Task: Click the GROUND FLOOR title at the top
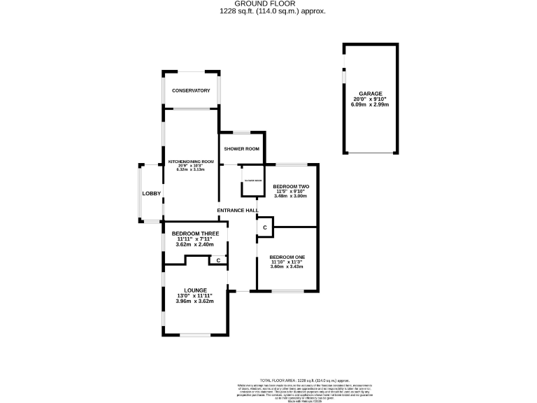point(268,3)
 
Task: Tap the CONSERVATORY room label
point(192,91)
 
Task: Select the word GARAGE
point(371,93)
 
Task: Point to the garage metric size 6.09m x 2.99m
point(371,104)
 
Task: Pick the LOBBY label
point(152,194)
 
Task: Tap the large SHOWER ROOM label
point(242,149)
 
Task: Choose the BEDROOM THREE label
point(196,233)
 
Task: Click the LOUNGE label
point(196,290)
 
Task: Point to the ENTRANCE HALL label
point(238,211)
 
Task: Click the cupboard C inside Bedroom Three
point(219,260)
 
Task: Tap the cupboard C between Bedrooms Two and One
point(265,228)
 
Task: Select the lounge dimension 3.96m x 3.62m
point(196,301)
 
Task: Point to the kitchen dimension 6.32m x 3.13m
point(186,170)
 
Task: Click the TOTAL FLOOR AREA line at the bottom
point(309,379)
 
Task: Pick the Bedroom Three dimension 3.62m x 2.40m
point(196,244)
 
